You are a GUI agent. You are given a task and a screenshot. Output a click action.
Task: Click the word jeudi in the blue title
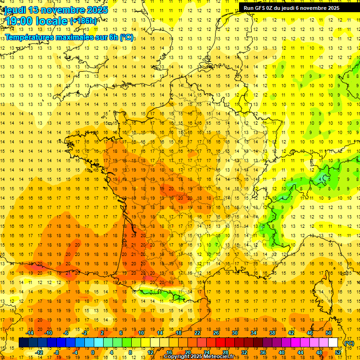pyautogui.click(x=15, y=10)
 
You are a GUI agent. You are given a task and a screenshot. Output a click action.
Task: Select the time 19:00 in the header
pyautogui.click(x=18, y=21)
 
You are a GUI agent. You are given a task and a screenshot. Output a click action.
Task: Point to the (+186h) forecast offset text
pyautogui.click(x=84, y=21)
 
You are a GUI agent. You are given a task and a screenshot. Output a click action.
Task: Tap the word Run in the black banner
pyautogui.click(x=248, y=8)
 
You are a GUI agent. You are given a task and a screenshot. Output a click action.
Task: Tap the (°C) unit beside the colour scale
pyautogui.click(x=349, y=343)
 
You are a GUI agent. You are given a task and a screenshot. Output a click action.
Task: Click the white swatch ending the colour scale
pyautogui.click(x=333, y=343)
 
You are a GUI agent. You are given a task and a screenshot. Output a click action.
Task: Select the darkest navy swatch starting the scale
pyautogui.click(x=23, y=343)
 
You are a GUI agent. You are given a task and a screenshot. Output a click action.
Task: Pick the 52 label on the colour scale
pyautogui.click(x=338, y=352)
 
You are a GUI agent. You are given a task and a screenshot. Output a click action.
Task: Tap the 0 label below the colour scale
pyautogui.click(x=93, y=352)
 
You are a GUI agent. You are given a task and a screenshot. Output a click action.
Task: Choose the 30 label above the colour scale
pyautogui.click(x=235, y=333)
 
